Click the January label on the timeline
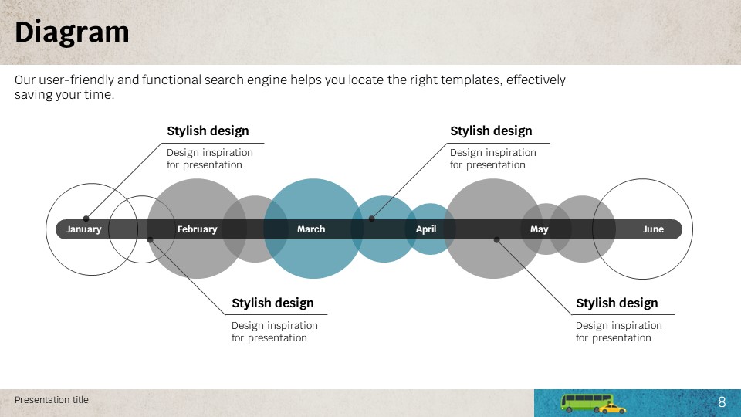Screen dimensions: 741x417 (83, 229)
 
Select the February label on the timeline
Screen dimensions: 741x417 (197, 229)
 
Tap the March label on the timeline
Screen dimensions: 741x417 (311, 229)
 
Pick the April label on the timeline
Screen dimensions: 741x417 (426, 229)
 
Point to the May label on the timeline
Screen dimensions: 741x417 (540, 229)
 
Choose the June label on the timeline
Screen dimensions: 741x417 (653, 229)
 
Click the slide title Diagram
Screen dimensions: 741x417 (72, 32)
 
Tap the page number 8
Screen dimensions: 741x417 (722, 402)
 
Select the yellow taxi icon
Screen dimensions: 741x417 (612, 409)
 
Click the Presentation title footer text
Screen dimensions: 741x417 (52, 400)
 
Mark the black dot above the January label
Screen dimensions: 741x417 (86, 219)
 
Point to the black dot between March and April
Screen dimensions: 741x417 (372, 219)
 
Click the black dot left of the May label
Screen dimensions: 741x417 (496, 239)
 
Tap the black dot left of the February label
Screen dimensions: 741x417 (151, 239)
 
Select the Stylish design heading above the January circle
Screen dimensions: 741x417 (208, 131)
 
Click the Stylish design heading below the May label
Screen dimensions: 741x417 (617, 303)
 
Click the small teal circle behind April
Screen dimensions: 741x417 (430, 229)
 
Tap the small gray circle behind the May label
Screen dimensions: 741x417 (546, 229)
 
